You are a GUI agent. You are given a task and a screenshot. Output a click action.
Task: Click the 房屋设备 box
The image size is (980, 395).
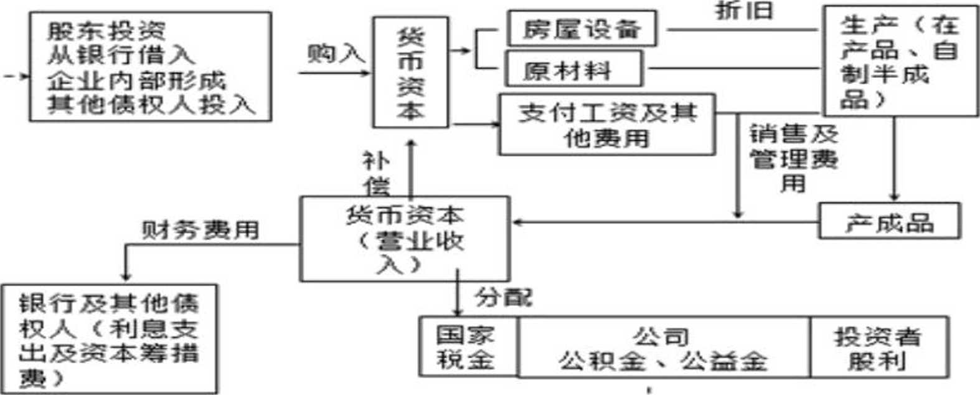582,29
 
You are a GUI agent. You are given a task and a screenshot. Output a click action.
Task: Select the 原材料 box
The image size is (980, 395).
573,69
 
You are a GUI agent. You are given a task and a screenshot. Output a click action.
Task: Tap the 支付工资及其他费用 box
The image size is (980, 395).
607,125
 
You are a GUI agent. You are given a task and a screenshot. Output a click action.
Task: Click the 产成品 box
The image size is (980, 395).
889,222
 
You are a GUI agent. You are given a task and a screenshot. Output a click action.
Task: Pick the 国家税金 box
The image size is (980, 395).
468,347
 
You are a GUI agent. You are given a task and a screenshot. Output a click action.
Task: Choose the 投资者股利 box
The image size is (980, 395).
878,348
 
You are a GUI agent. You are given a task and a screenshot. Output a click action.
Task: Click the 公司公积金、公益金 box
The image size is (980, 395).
663,348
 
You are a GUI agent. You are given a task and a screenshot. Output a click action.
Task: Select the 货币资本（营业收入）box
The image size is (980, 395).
405,239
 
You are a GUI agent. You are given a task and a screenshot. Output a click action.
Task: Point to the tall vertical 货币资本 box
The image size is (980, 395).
410,73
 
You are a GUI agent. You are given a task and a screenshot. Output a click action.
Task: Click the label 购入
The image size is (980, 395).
336,54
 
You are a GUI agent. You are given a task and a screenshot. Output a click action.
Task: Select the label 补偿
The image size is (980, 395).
376,173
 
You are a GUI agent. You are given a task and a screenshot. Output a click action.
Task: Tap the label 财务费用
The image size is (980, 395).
200,230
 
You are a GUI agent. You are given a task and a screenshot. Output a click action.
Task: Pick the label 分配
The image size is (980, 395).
504,297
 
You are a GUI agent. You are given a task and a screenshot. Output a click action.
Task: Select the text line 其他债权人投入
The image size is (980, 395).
151,104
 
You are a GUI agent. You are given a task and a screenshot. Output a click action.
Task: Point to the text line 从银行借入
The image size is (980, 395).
121,55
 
